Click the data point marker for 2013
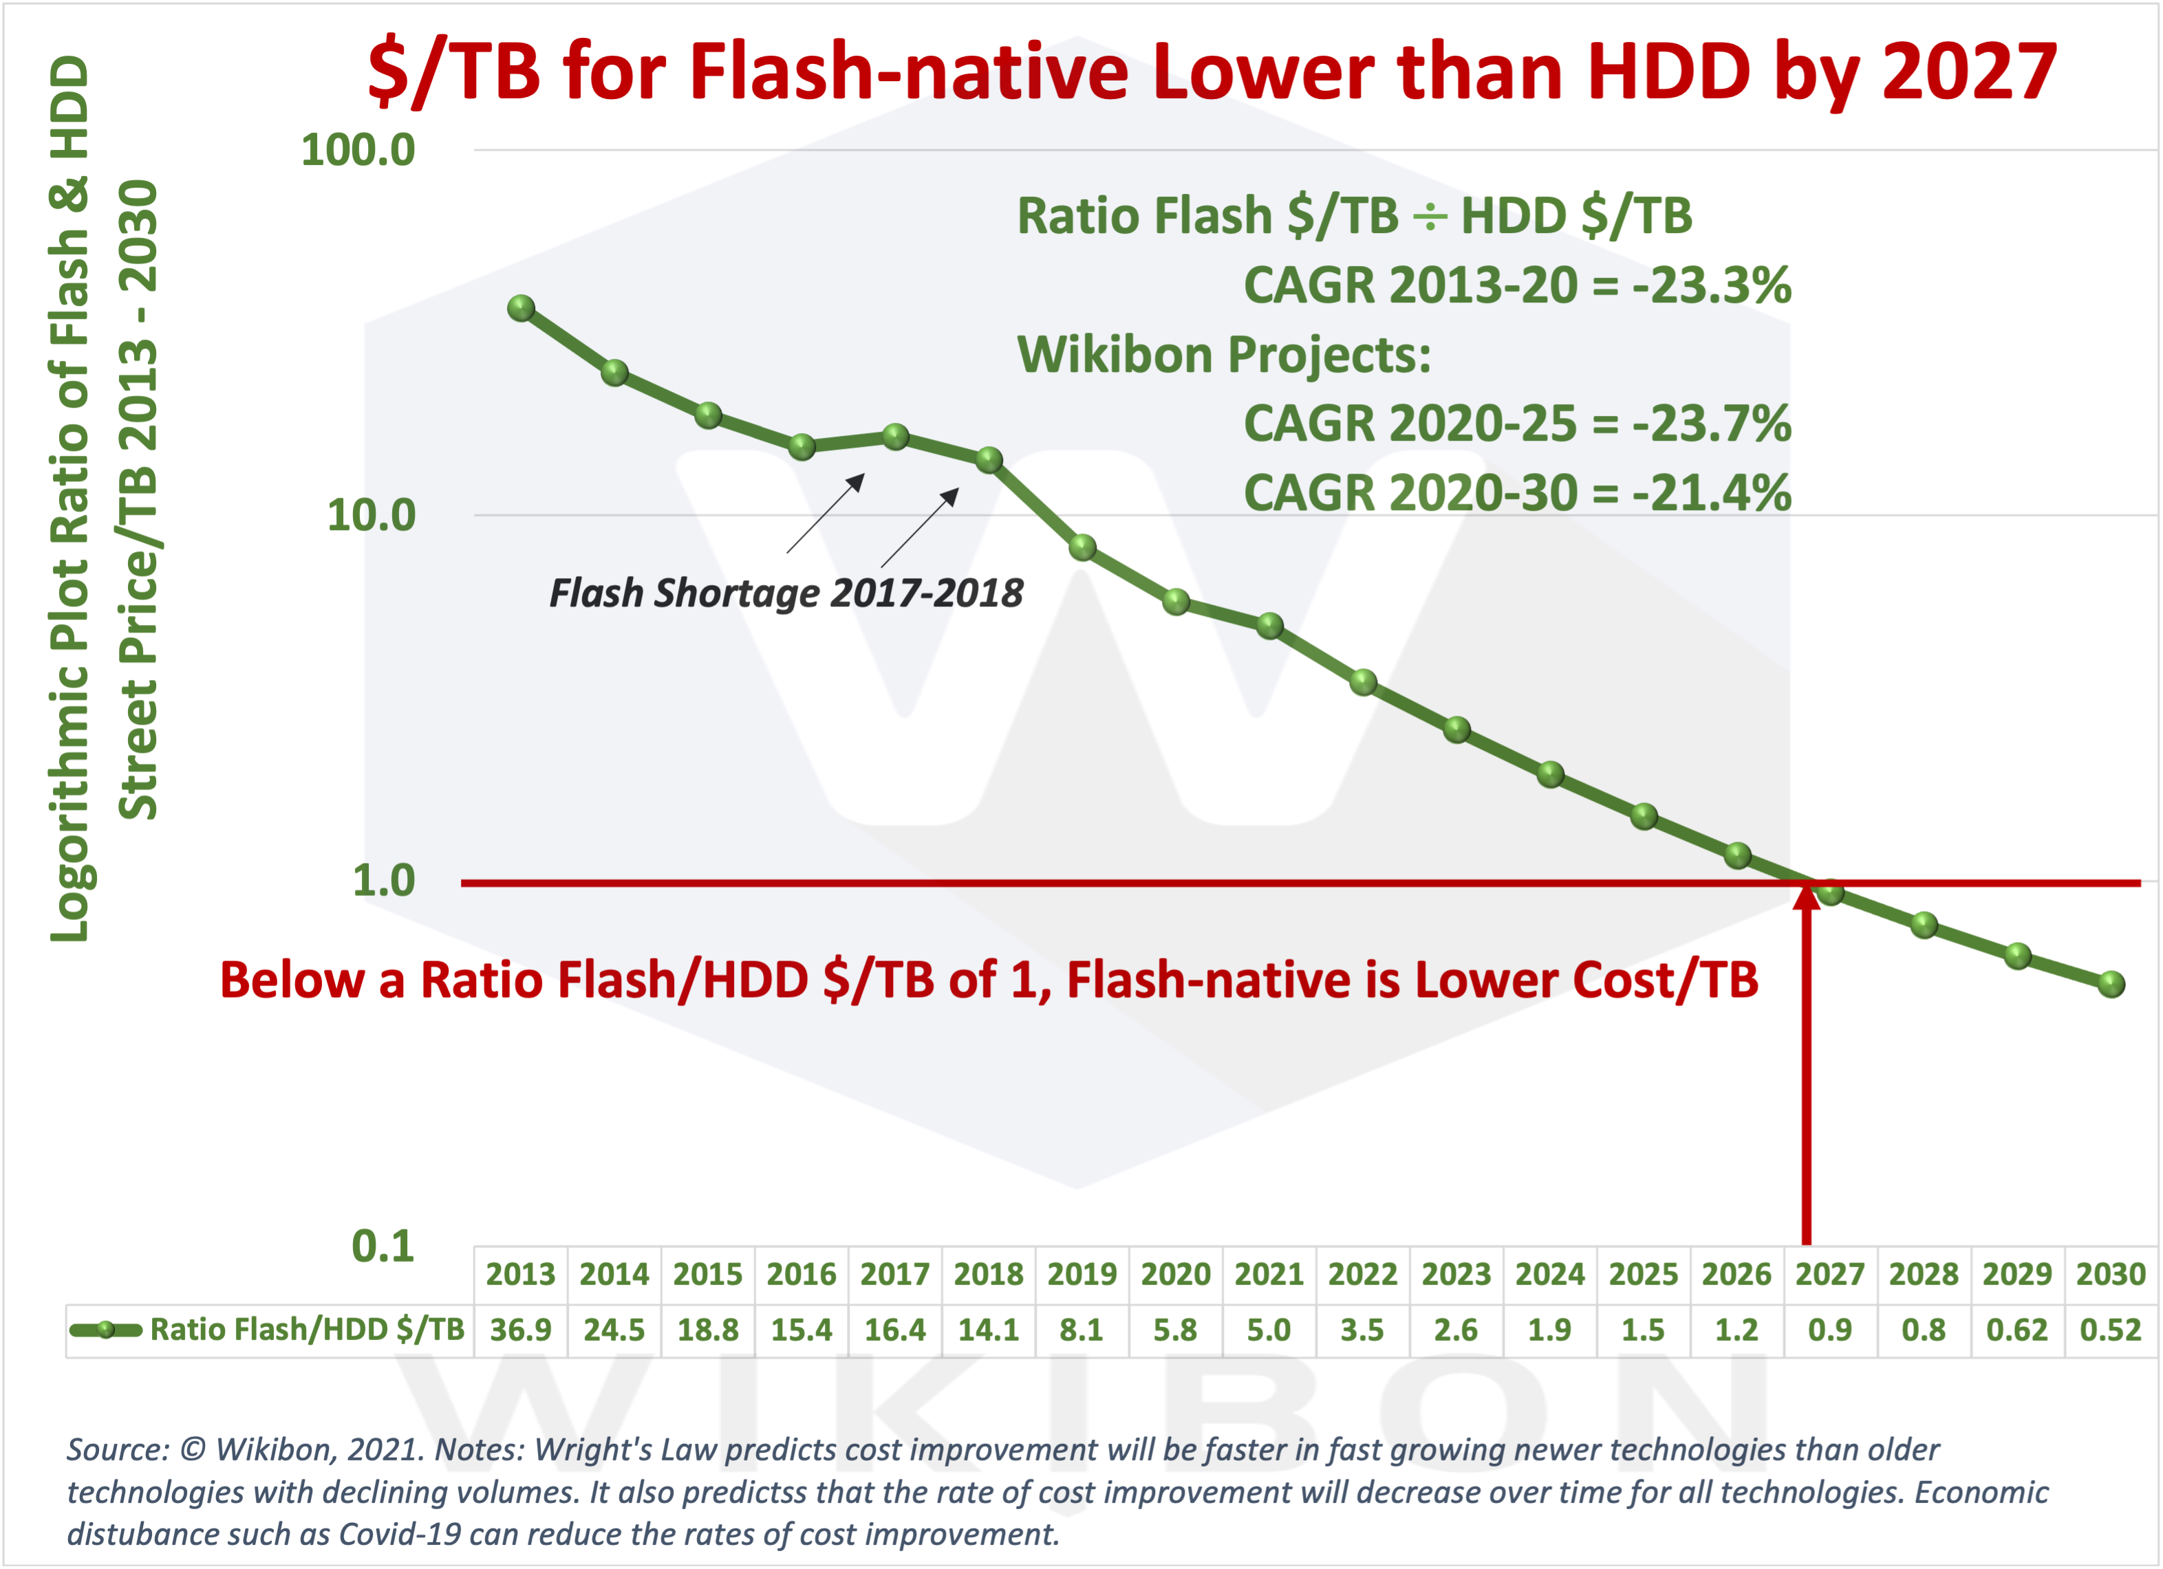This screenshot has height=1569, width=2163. tap(521, 308)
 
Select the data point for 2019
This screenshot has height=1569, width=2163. tap(1082, 547)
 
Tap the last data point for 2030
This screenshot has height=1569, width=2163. tap(2111, 984)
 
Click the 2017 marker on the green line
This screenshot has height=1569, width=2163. tap(896, 437)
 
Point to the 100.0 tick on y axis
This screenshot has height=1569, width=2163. tap(358, 150)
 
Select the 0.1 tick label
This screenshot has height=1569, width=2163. tap(383, 1246)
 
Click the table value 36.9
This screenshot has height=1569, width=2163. tap(521, 1329)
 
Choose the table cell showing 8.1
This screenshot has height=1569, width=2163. tap(1081, 1329)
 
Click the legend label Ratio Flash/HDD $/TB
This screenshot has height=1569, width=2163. tap(306, 1329)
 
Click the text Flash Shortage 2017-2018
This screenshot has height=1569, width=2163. tap(785, 593)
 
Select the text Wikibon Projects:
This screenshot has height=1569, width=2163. tap(1224, 355)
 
